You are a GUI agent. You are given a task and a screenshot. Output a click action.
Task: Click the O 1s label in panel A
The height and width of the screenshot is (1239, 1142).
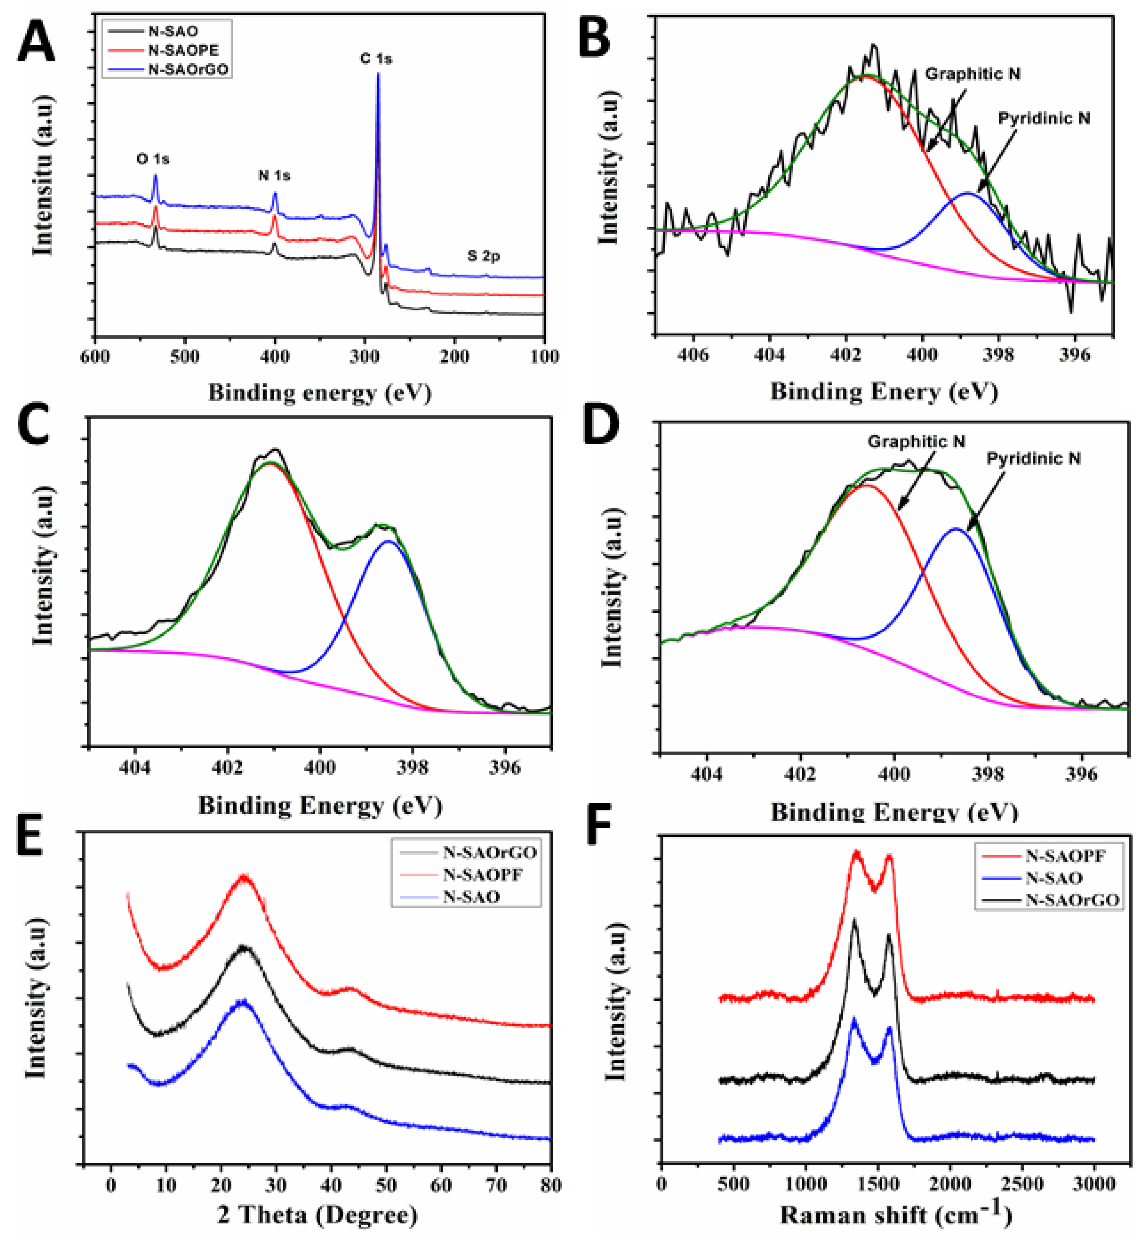(x=152, y=159)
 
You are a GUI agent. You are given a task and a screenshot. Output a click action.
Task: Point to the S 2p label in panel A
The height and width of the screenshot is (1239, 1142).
(x=483, y=256)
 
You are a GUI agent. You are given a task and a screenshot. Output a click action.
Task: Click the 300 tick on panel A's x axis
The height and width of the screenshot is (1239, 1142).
(x=365, y=356)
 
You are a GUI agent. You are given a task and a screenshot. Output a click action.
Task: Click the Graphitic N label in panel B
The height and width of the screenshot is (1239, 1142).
(x=972, y=74)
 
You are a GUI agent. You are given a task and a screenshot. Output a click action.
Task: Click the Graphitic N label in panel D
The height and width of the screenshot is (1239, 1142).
(x=916, y=442)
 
